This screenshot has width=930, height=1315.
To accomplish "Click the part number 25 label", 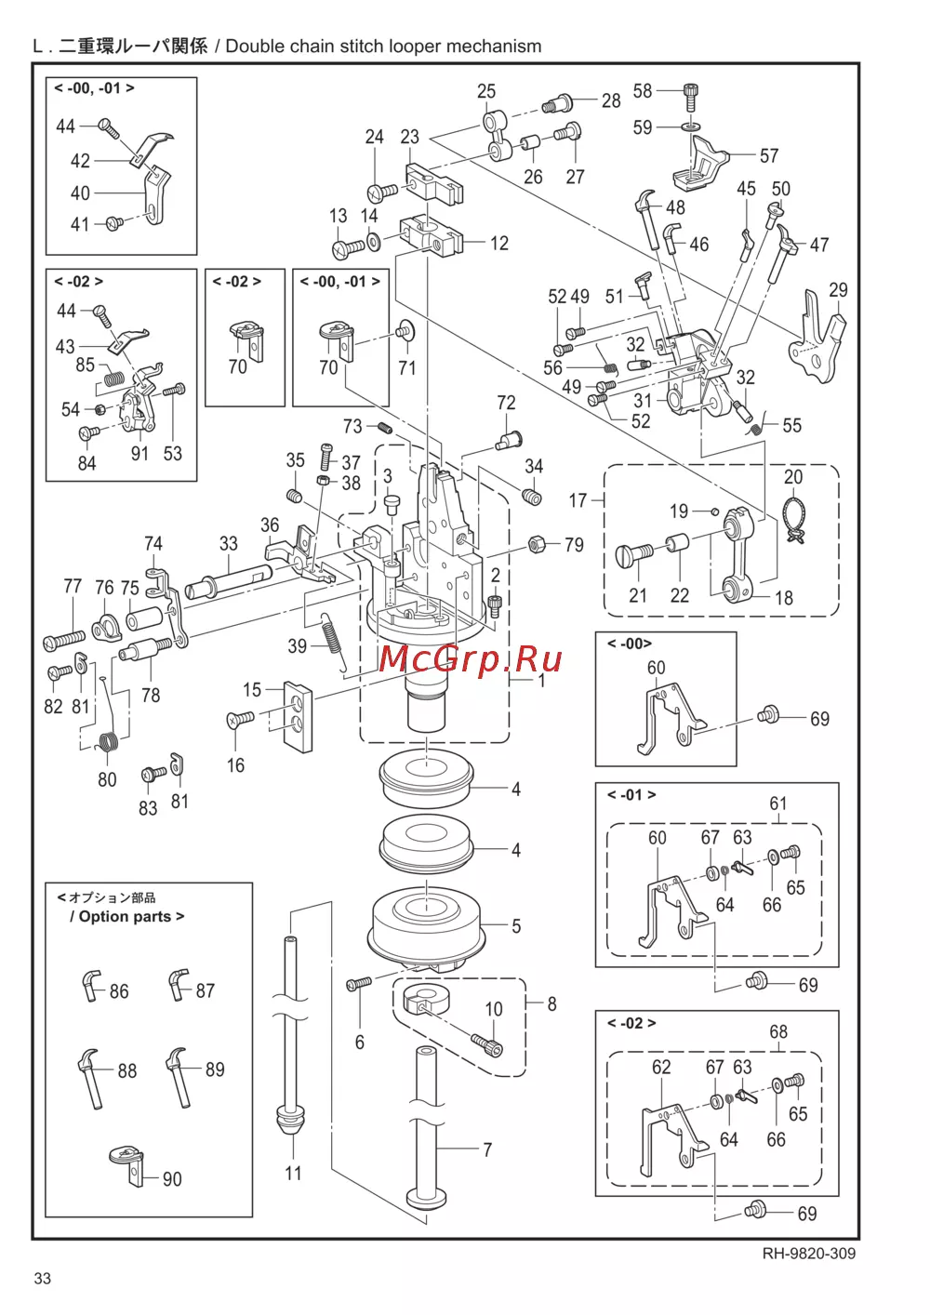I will (486, 91).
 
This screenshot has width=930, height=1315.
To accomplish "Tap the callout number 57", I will (768, 155).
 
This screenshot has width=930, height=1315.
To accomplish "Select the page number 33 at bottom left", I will (43, 1278).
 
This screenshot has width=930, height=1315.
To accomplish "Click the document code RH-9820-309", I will (808, 1253).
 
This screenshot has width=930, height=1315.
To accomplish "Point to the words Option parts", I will (125, 917).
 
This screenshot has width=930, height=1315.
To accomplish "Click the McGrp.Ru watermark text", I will (471, 658).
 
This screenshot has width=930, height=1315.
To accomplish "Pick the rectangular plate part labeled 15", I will (299, 717).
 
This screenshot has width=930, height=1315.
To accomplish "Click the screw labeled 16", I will (240, 719).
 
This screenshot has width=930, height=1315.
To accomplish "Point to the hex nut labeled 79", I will (537, 543).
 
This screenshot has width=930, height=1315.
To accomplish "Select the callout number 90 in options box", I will (172, 1179).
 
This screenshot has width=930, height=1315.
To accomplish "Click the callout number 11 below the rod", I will (293, 1173).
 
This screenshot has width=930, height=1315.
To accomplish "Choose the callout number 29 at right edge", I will (838, 290).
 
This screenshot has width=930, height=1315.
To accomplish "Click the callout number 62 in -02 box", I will (660, 1067).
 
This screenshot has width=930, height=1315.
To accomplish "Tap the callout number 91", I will (139, 454).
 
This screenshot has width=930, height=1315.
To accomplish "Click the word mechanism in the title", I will (493, 46).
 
